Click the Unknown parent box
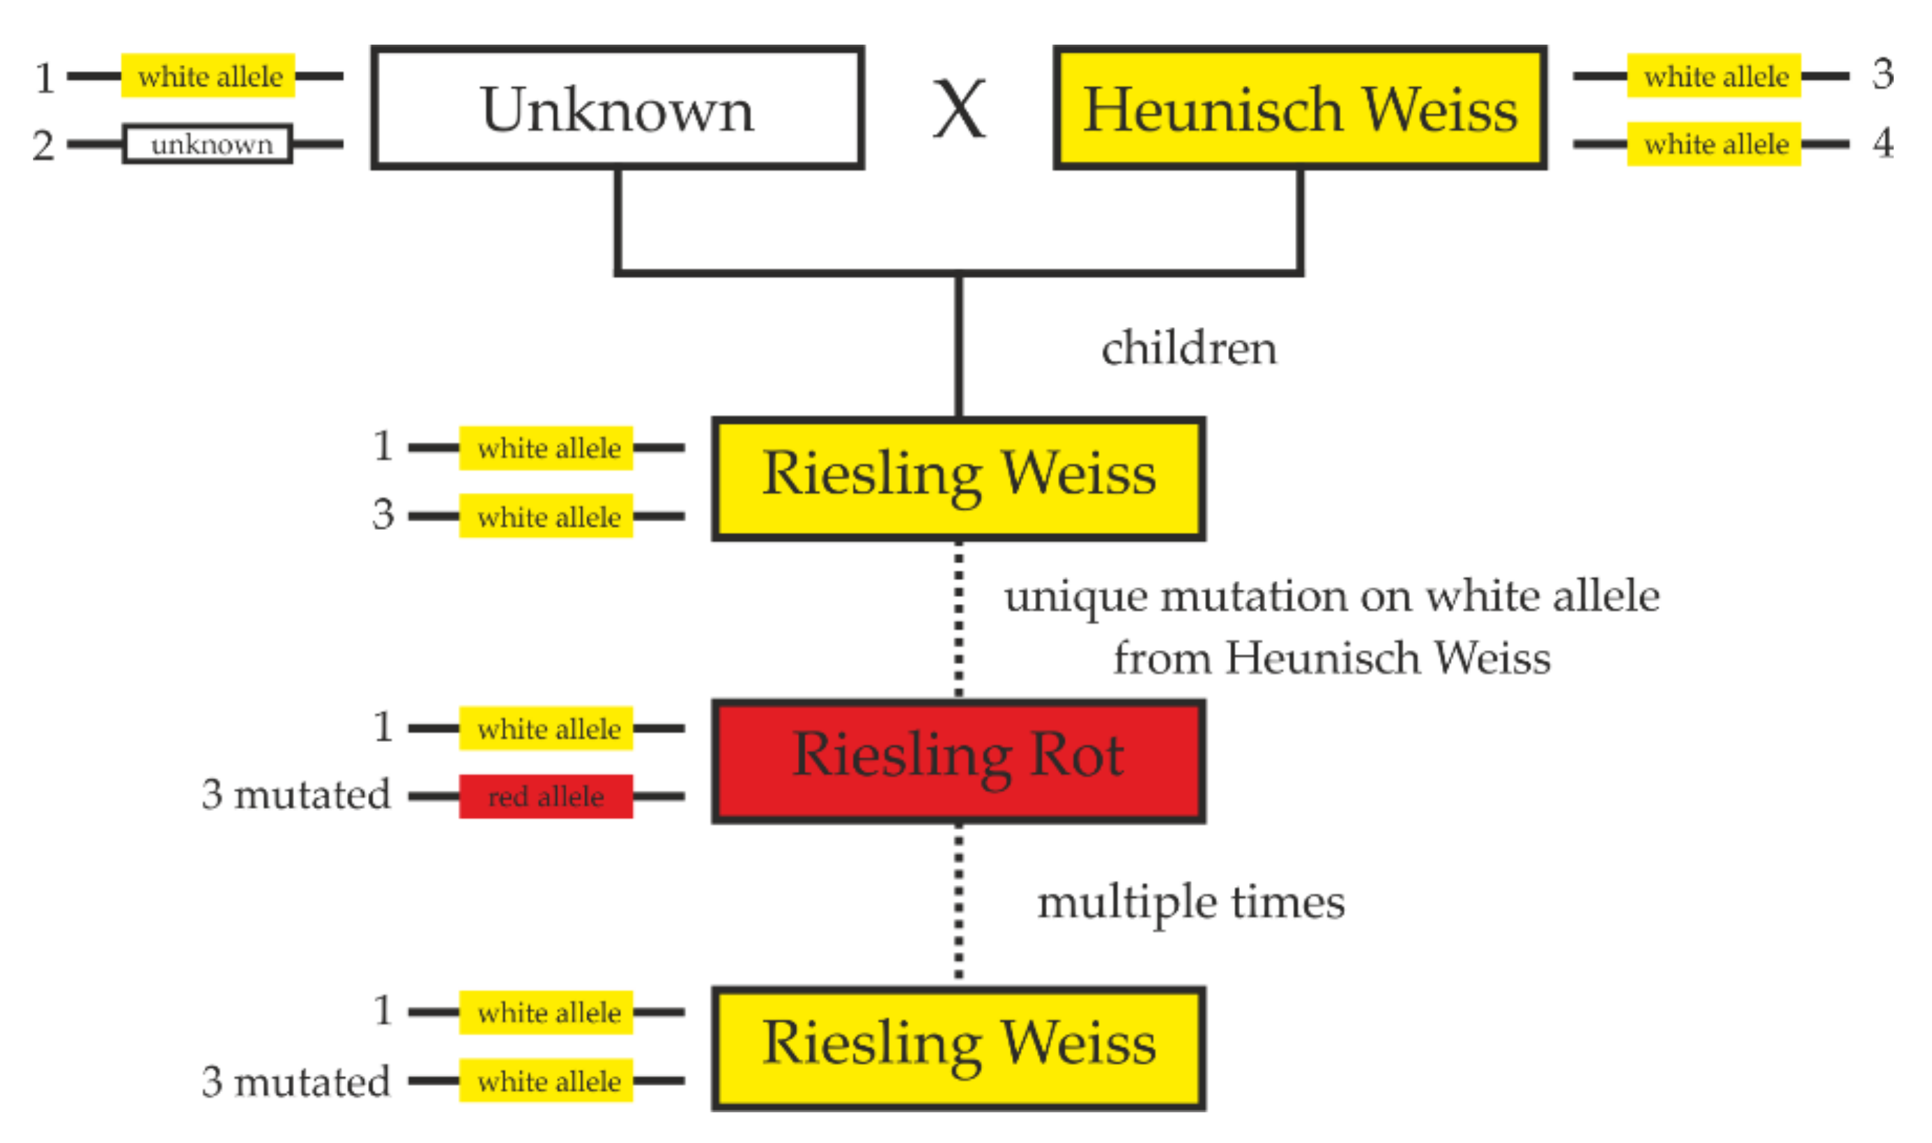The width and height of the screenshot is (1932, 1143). pos(617,107)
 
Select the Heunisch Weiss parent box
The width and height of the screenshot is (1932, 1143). pos(1299,107)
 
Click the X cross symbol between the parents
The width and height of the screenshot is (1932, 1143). pos(958,109)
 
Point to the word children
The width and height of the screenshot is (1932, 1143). pos(1188,348)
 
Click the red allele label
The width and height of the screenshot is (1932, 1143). pos(546,796)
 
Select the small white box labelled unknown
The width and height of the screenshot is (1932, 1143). pos(208,144)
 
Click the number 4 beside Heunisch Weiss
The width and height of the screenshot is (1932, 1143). pos(1883,142)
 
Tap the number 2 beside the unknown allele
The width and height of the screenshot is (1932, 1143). pos(43,145)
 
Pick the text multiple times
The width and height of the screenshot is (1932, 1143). pos(1190,902)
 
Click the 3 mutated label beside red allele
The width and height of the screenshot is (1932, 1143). pos(296,795)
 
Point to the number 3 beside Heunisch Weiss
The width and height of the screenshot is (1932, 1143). pos(1883,75)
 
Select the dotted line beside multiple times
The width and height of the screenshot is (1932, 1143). pos(958,902)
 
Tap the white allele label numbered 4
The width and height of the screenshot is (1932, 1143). pos(1714,144)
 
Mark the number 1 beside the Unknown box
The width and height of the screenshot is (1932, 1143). pos(45,77)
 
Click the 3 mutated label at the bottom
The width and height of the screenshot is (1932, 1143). pos(296,1082)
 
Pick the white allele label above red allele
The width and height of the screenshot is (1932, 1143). pos(546,729)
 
